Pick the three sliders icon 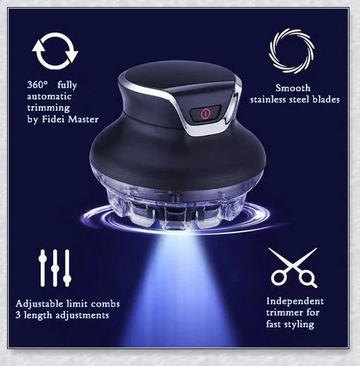click(55, 268)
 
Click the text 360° click(37, 85)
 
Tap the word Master click(83, 119)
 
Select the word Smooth click(293, 88)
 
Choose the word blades click(326, 100)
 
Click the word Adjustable click(40, 304)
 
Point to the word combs click(105, 304)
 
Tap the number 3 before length click(18, 315)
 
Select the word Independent click(295, 302)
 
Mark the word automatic click(49, 96)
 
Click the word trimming click(48, 108)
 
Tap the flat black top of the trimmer click(175, 76)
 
